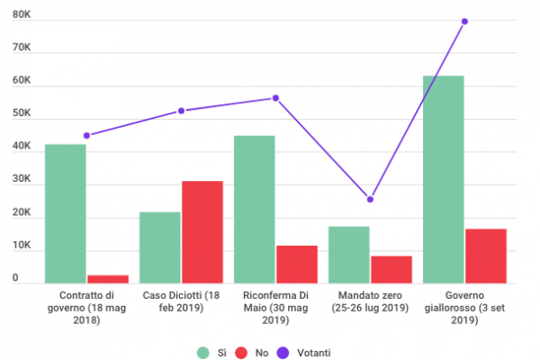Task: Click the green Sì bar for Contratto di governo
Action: pos(66,213)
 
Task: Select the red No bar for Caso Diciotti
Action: pos(202,232)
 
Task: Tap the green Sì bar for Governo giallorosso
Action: pos(443,179)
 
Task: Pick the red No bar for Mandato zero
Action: pos(391,269)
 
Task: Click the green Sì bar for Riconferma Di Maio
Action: pos(254,209)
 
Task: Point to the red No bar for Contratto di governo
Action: pos(108,278)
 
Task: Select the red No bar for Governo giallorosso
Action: pos(485,256)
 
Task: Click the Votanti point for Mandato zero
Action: pos(370,199)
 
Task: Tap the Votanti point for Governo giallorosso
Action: pos(464,21)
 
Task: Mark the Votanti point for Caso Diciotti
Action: pos(181,111)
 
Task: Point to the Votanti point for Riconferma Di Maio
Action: pos(275,98)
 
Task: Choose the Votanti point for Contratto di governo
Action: pos(86,135)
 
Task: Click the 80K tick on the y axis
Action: pos(22,16)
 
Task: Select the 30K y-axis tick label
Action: pos(22,180)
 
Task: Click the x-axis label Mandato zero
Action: pos(370,301)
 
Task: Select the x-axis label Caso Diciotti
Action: pos(181,301)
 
